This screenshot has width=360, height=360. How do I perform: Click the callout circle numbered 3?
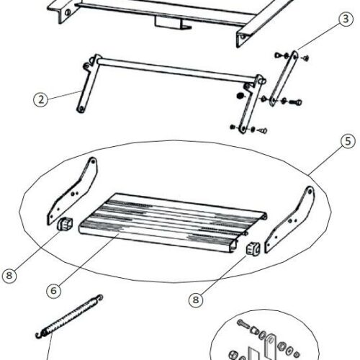pos(346,19)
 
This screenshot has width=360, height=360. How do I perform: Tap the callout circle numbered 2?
pos(41,99)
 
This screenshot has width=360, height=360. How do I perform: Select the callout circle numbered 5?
pos(348,141)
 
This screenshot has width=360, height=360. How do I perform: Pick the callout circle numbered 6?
pos(54,291)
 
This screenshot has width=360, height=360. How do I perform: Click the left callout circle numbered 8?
pos(9,275)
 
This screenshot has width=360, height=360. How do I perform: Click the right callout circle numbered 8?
pos(196,300)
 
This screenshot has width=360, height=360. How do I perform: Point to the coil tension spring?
pos(70,317)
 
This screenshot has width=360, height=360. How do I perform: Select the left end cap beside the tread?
pos(65,224)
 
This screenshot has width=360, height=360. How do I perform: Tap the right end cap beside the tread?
pos(253,248)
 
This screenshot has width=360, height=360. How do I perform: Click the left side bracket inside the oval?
pos(72,191)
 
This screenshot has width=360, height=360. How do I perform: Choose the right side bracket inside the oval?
pos(289,220)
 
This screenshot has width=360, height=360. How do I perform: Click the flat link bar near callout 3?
pos(284,78)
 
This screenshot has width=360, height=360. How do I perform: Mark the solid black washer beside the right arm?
pos(240,96)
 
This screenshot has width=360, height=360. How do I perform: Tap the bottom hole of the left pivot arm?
pos(81,109)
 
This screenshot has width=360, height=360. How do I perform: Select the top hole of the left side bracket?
pos(93,161)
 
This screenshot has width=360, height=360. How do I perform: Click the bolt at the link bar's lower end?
pos(296,102)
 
